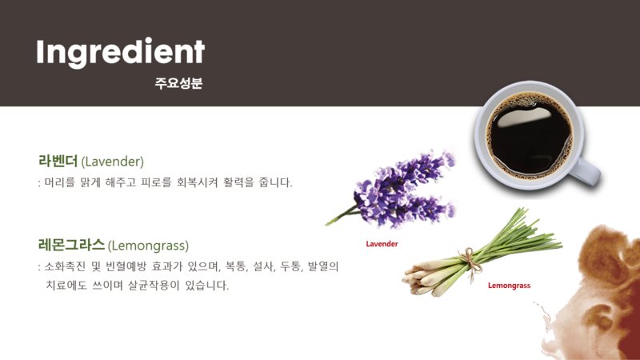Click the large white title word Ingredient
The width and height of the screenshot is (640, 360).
121,52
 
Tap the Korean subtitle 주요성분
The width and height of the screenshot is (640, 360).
178,83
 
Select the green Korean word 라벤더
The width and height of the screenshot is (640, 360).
58,161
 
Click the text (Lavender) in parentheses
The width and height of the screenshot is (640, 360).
113,162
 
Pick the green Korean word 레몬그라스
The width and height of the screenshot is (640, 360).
71,245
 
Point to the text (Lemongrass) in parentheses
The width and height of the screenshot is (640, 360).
149,246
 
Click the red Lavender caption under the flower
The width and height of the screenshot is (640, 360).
382,244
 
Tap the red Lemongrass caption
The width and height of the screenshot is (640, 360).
509,286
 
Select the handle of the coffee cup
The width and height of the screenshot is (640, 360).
586,171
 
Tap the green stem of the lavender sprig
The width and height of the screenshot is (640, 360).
341,215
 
